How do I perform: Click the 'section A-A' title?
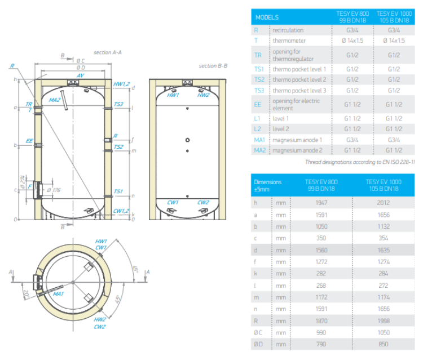click(x=107, y=52)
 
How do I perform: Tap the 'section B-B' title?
click(x=213, y=66)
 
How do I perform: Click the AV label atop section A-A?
click(x=80, y=75)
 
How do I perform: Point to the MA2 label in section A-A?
click(x=55, y=100)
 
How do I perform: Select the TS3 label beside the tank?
click(x=118, y=104)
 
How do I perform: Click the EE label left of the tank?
click(x=29, y=141)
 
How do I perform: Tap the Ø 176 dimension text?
click(x=54, y=190)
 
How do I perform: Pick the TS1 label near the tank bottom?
click(x=118, y=191)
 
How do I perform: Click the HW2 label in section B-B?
click(x=203, y=95)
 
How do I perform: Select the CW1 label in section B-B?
click(x=173, y=202)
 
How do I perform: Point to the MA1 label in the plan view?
click(x=58, y=293)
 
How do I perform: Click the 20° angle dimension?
click(x=27, y=294)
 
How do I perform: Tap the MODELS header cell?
click(x=267, y=17)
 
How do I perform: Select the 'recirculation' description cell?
click(x=288, y=30)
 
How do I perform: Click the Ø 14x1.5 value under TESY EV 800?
click(x=352, y=41)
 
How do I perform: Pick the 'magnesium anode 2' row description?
click(x=297, y=150)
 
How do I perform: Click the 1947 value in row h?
click(x=321, y=203)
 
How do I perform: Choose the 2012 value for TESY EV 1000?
click(x=384, y=203)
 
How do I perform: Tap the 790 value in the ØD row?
click(x=321, y=344)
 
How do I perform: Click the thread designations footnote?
click(x=360, y=162)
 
